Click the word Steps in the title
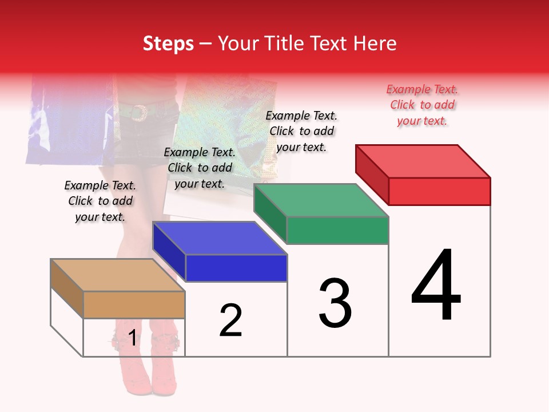(x=168, y=43)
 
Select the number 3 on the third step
(x=335, y=303)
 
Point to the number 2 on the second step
(x=231, y=320)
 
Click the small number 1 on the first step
(x=133, y=338)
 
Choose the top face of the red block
(x=423, y=161)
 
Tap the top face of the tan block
(x=118, y=275)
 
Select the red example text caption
(x=422, y=105)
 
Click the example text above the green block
(x=301, y=131)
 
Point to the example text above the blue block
(x=200, y=168)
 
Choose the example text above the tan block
(x=100, y=201)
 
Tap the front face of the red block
(x=439, y=191)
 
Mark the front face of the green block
(x=337, y=230)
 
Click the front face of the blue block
(x=236, y=268)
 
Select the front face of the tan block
(x=134, y=304)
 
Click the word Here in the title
(x=376, y=43)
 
